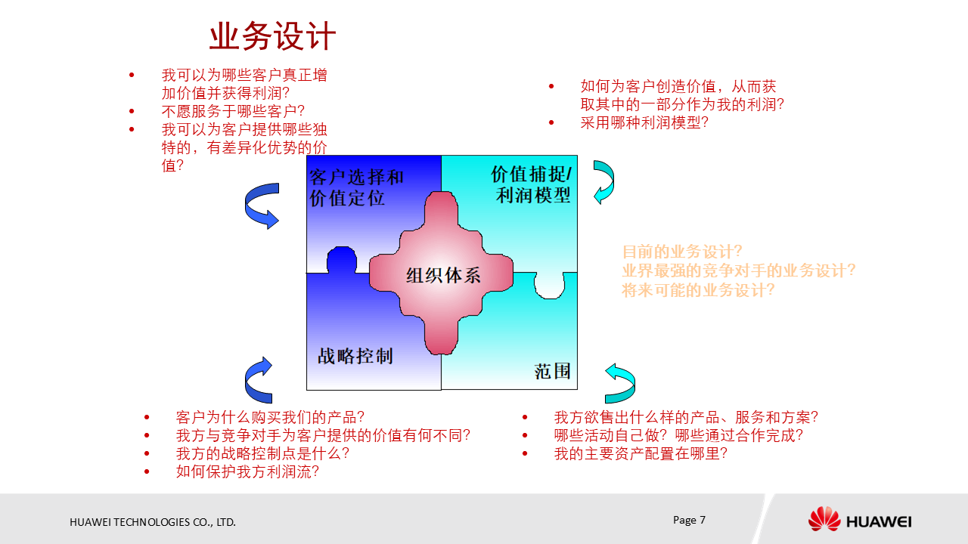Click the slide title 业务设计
[272, 36]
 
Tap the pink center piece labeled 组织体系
[442, 274]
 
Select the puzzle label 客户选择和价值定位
[356, 188]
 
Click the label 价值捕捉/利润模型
[532, 185]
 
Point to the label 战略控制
[355, 356]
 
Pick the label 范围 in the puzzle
[552, 371]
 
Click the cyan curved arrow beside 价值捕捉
[603, 182]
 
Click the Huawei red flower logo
[824, 520]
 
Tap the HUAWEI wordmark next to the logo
[878, 522]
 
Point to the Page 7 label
[689, 520]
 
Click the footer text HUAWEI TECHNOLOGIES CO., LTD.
[153, 522]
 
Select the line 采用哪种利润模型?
[644, 122]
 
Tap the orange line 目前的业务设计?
[682, 252]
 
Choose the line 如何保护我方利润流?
[247, 471]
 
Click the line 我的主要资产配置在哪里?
[641, 453]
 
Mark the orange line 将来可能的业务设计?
[698, 289]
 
